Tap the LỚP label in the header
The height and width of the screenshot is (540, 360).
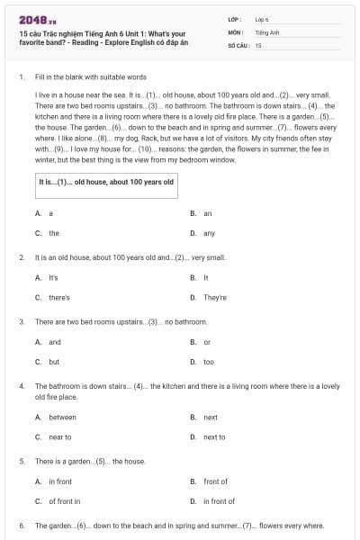pos(236,18)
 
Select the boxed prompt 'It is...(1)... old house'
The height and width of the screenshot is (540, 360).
pos(105,182)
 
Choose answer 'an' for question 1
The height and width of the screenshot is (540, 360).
pos(207,213)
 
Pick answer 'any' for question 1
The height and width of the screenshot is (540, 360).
pos(209,233)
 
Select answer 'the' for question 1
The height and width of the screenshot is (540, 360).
pos(54,233)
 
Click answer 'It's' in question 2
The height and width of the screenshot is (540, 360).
pos(53,277)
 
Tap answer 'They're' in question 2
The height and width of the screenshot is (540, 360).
pos(214,297)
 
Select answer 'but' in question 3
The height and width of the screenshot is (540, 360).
pos(54,362)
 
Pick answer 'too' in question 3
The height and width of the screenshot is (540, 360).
pos(209,362)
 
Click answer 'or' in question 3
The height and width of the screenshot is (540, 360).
pos(207,342)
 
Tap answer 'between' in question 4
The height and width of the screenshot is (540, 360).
pos(62,417)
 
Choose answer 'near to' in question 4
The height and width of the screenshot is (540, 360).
pos(59,436)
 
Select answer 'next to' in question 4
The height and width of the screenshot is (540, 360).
pos(214,436)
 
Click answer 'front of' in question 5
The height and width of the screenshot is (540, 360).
pos(215,481)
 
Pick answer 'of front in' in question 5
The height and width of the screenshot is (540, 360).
pos(64,501)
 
